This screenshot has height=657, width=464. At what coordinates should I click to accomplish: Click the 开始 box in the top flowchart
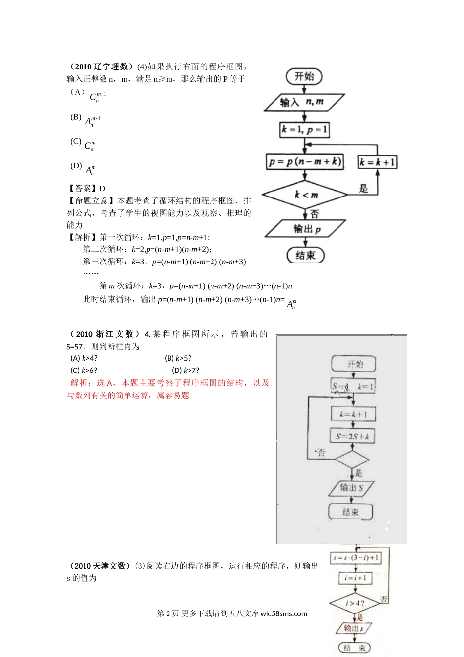tap(304, 76)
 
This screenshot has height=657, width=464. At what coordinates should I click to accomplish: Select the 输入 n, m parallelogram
tap(304, 102)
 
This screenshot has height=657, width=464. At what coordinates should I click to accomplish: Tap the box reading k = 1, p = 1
tap(304, 130)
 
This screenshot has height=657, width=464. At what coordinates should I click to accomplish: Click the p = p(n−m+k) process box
tap(305, 162)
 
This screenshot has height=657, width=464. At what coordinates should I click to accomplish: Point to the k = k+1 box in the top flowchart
tap(378, 162)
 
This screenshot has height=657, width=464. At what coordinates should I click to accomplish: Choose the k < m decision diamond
tap(305, 195)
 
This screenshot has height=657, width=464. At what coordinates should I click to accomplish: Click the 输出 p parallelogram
tap(305, 229)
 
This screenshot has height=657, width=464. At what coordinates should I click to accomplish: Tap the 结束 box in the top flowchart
tap(305, 255)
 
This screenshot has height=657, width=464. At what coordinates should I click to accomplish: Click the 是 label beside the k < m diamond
tap(363, 189)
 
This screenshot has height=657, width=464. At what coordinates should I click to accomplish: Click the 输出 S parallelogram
tap(352, 487)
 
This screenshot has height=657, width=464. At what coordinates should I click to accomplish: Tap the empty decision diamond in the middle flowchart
tap(352, 460)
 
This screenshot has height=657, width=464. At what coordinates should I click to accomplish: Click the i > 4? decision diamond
tap(355, 603)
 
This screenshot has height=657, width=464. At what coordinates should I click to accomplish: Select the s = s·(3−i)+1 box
tap(355, 558)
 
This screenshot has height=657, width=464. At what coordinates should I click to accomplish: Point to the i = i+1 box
tap(355, 578)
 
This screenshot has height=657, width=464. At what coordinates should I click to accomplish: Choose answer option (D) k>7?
tap(186, 371)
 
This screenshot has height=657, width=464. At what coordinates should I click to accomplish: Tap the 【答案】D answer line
tap(86, 188)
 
